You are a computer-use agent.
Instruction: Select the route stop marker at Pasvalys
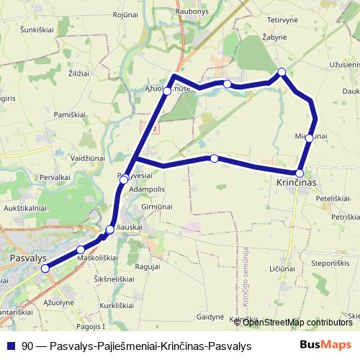[45, 269]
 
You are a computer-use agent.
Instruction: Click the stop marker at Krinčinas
[300, 173]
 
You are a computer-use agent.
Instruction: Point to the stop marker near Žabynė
[282, 71]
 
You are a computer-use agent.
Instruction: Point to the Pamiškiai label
[71, 115]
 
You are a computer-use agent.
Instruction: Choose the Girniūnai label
[158, 207]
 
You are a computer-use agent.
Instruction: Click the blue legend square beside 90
[10, 346]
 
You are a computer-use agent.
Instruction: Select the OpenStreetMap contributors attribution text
[297, 322]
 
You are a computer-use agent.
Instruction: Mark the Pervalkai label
[55, 176]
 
